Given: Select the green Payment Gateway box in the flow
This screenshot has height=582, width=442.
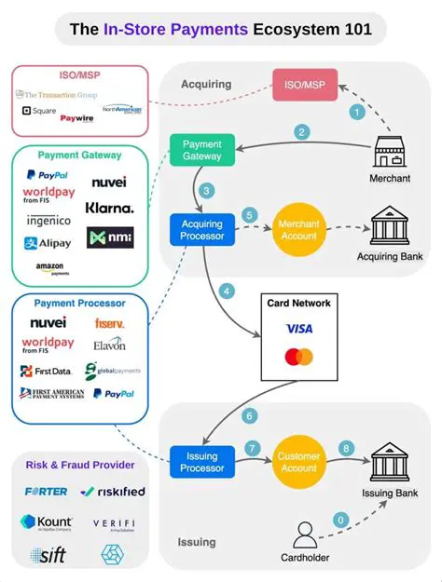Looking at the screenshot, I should pos(201,151).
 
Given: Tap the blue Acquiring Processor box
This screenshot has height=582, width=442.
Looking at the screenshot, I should pos(201,229).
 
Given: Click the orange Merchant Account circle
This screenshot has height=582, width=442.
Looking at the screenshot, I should pos(299,229).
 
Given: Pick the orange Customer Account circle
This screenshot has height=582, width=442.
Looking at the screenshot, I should pos(299,463).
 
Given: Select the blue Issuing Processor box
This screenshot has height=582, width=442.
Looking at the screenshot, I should pos(201,463).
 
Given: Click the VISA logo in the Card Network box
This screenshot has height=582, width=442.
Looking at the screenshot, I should pos(299,329).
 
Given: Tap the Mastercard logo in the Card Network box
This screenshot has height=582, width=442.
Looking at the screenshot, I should pos(299,357).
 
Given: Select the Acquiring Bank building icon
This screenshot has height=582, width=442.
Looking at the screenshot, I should pos(390,226).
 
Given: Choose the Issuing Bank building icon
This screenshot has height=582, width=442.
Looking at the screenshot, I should pos(390,461).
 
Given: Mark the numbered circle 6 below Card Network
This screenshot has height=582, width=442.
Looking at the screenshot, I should pos(249,415).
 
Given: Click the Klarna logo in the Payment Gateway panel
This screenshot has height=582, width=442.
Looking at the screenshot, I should pos(109,208).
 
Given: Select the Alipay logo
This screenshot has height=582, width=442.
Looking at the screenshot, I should pos(48,243).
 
